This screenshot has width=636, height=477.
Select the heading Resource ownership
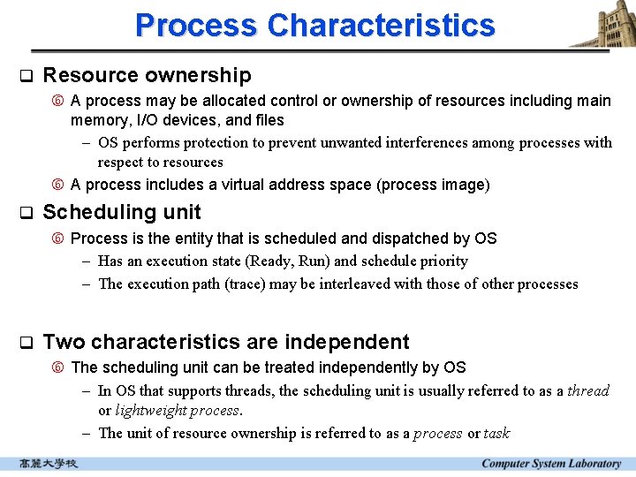click(147, 76)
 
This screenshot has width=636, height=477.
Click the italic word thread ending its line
click(588, 390)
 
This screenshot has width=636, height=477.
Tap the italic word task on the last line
click(496, 433)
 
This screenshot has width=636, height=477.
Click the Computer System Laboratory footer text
click(551, 464)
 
